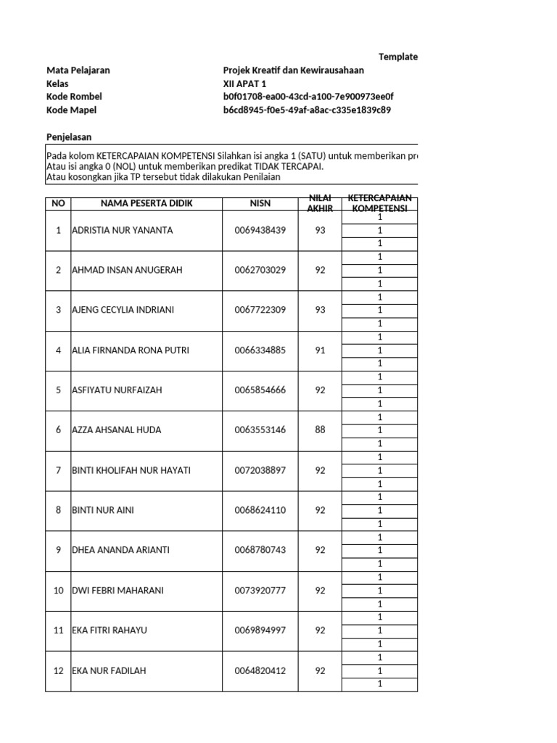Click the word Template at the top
tap(398, 57)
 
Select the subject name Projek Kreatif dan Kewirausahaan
tap(294, 70)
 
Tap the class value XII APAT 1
tap(244, 83)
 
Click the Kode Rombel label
tap(74, 97)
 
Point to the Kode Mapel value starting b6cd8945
tap(308, 110)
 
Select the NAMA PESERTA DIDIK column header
tap(147, 203)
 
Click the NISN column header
tap(260, 203)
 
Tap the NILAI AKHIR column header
tap(320, 203)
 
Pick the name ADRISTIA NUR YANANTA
tap(123, 231)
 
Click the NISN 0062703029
tap(260, 270)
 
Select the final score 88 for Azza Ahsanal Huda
tap(320, 430)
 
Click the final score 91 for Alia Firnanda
tap(320, 350)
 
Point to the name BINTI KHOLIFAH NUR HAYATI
tap(131, 470)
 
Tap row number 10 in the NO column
tap(58, 591)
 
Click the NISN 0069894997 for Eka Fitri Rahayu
tap(260, 631)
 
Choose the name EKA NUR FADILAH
tap(109, 671)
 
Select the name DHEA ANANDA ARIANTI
tap(120, 550)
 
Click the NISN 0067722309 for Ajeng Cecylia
tap(260, 310)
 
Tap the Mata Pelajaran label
tap(78, 70)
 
